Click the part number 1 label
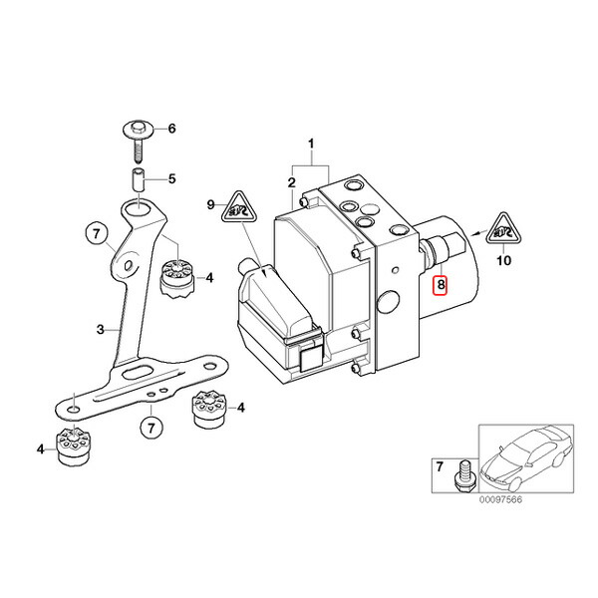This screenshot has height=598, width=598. (311, 145)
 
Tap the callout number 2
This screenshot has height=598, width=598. (291, 181)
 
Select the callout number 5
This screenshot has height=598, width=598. (170, 179)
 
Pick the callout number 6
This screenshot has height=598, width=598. (170, 129)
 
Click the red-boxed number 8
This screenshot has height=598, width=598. (441, 285)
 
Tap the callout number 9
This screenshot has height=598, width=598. (211, 204)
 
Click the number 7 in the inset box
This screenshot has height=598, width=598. (441, 466)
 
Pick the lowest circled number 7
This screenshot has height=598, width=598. (149, 430)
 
